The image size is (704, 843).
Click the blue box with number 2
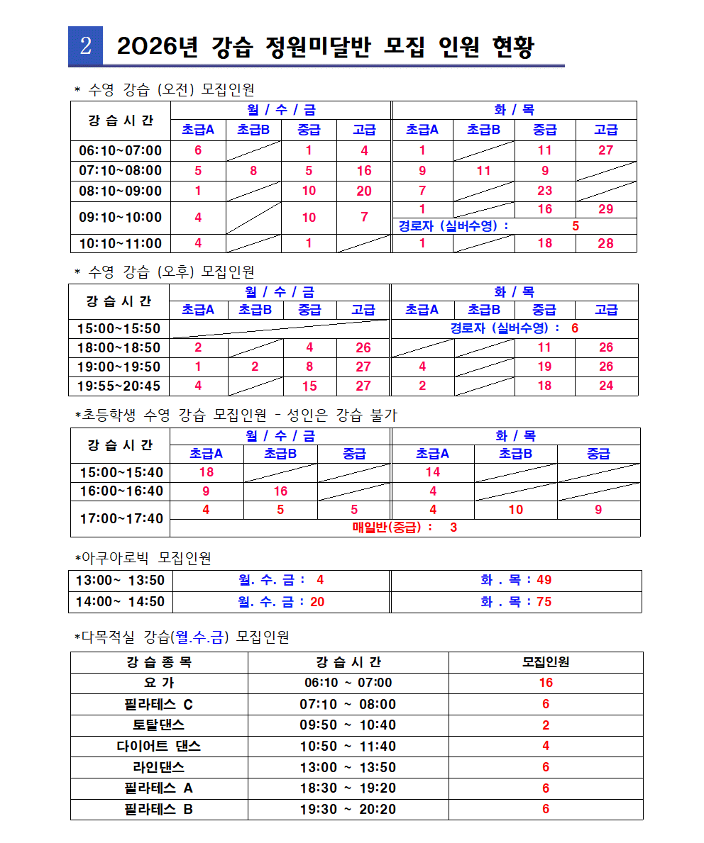point(85,47)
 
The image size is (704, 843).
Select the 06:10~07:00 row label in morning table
point(121,150)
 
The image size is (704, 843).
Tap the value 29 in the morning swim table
point(605,210)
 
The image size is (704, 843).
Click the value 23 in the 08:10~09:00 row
point(545,191)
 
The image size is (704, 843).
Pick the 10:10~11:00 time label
point(121,244)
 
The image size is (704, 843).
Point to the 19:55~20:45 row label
point(119,386)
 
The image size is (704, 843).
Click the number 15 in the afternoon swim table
point(309,386)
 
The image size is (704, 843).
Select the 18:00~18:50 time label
point(119,347)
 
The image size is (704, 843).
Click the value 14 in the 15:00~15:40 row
point(433,472)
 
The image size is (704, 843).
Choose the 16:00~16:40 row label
point(121,491)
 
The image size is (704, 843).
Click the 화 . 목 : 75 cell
point(516,602)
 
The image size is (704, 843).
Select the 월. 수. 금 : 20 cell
point(282,602)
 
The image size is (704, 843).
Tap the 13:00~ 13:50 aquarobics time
point(121,580)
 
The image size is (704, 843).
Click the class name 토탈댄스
point(158,725)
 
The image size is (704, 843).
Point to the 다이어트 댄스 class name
point(158,746)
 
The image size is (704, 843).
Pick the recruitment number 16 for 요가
point(545,683)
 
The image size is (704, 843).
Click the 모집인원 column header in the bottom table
point(545,662)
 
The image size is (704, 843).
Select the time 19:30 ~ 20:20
point(348,809)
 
